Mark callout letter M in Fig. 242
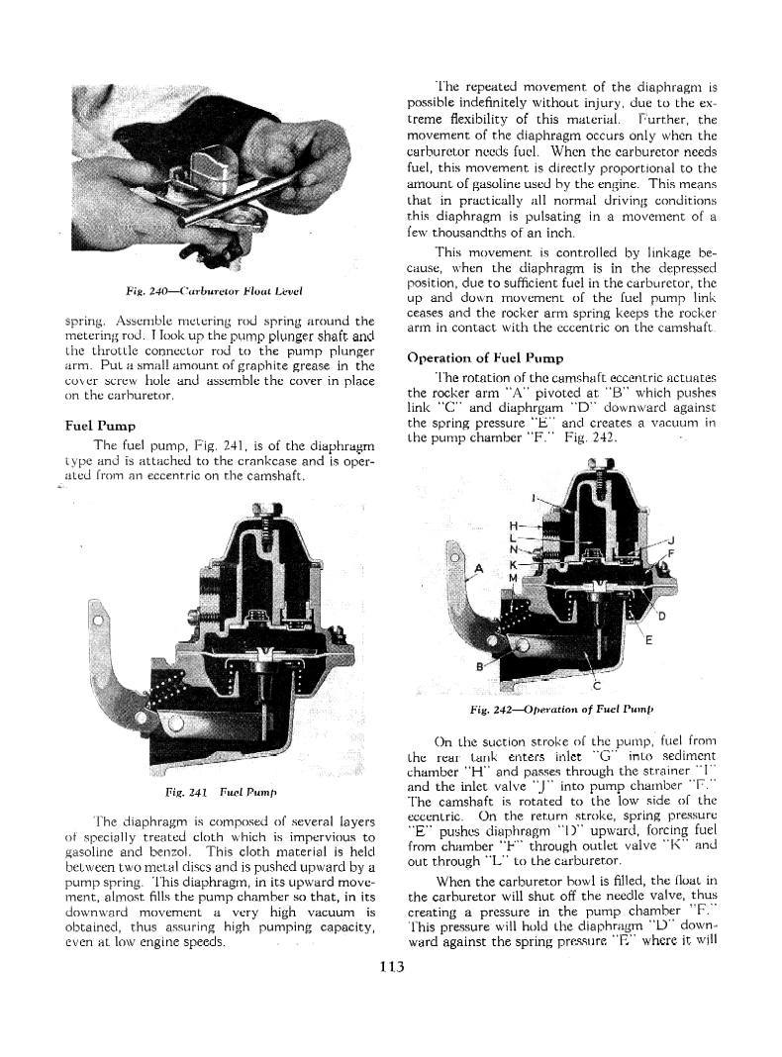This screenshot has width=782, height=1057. coord(513,576)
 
